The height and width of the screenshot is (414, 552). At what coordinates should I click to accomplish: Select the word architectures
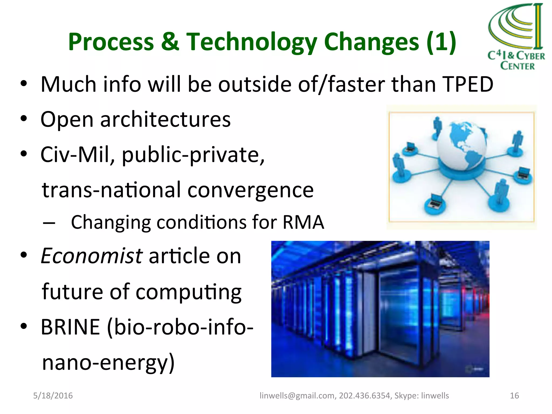pos(165,119)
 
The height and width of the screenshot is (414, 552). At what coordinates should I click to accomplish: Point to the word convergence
pos(250,190)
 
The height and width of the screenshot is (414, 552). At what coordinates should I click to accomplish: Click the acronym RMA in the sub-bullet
pos(303,222)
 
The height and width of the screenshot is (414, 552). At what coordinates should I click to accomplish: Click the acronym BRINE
pos(70,327)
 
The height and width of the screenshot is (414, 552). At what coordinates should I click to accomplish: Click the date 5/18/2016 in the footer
pos(53,395)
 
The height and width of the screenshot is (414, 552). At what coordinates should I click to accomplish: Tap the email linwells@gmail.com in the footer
pos(297,395)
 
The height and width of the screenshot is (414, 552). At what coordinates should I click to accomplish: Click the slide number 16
pos(514,395)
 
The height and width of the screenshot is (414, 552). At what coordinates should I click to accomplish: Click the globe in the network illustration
pos(462,146)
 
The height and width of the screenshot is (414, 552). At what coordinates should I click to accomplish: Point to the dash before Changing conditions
pos(49,223)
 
